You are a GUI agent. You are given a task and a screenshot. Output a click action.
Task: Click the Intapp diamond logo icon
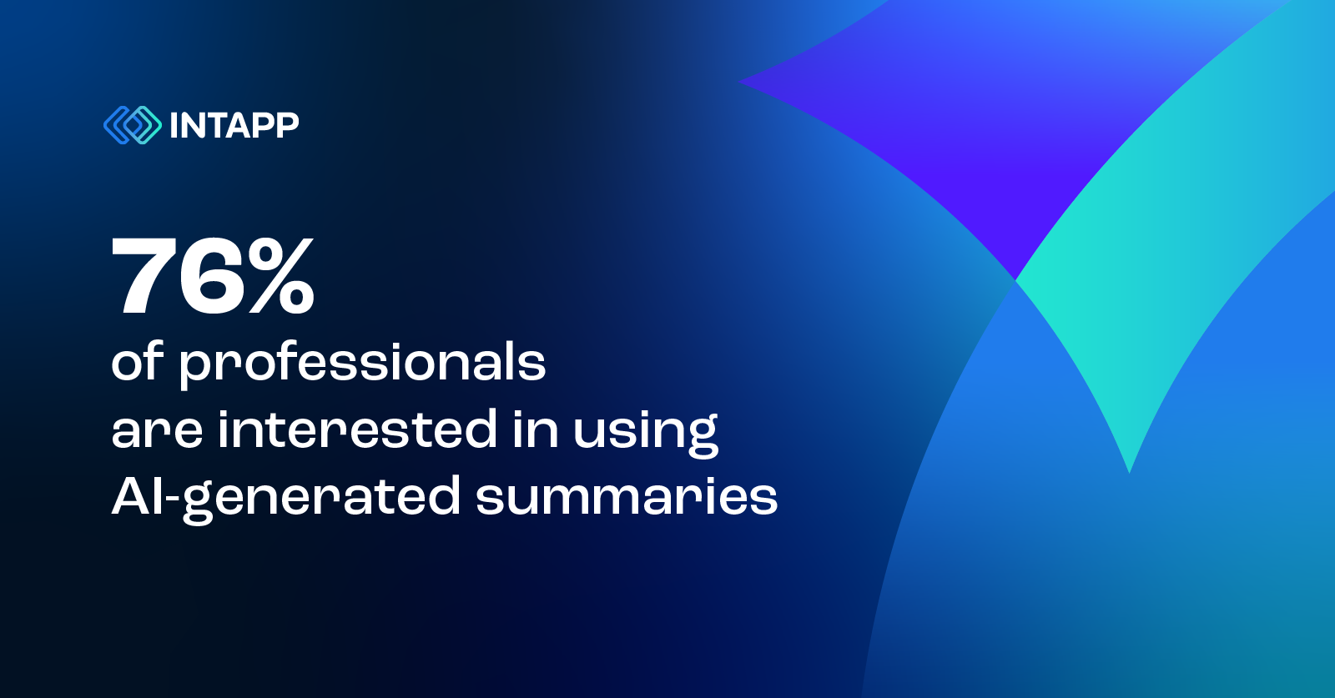click(x=132, y=125)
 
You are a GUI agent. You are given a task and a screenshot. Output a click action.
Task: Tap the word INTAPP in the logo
click(x=234, y=126)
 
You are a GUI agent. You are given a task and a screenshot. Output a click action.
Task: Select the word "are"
click(x=157, y=431)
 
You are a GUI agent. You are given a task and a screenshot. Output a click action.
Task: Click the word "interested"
click(x=357, y=429)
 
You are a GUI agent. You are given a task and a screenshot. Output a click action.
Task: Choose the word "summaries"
click(x=626, y=498)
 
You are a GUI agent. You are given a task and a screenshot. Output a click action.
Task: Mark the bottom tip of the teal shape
click(x=1129, y=471)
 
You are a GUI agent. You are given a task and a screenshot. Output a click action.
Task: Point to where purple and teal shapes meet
click(x=1015, y=279)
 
